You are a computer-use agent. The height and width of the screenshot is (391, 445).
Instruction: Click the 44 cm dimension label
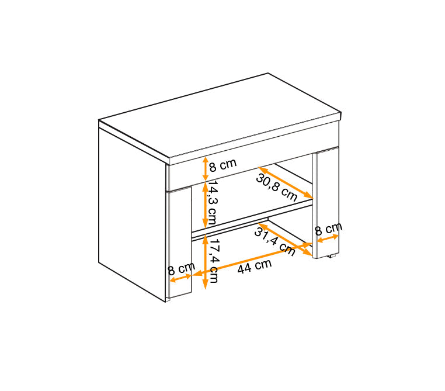point(255,267)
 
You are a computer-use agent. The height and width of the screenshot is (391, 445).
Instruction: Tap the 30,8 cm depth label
point(277,187)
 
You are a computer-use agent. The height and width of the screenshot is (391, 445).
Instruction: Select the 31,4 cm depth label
point(274,241)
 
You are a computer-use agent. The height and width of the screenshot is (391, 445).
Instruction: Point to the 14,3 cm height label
point(211,202)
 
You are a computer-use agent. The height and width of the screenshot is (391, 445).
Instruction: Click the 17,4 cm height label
point(213,261)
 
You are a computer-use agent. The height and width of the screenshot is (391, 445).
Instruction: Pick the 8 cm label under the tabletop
point(222,165)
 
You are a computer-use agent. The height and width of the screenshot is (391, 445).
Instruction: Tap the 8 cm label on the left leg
point(182,269)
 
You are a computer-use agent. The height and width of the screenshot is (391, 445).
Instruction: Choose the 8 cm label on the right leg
point(329,229)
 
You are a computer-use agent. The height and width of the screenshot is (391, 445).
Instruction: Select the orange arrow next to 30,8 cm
point(285,182)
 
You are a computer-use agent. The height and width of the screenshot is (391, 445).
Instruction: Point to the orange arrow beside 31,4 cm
point(285,240)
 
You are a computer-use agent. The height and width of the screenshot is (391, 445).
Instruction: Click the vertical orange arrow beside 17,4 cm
point(205,262)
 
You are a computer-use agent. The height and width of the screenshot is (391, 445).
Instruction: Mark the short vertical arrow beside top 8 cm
point(206,169)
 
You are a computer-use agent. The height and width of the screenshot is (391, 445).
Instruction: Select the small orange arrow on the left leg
point(180,278)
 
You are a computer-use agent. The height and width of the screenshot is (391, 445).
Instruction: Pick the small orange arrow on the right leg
point(328,238)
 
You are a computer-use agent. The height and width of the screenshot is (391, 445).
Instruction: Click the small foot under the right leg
point(332,256)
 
